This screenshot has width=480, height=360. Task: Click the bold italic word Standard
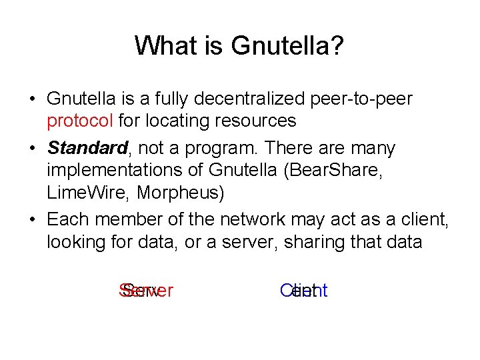tap(87, 147)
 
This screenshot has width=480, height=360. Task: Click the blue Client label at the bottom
tap(305, 291)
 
